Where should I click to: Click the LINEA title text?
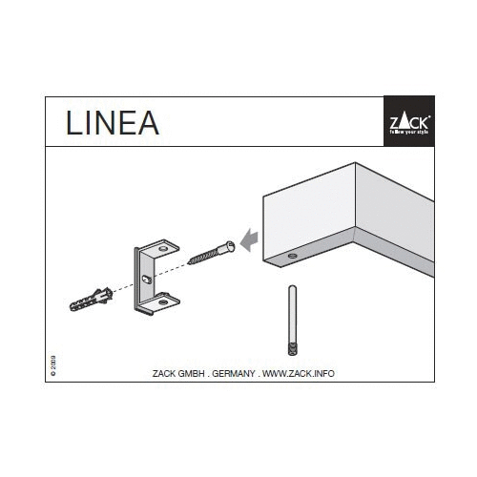click(112, 123)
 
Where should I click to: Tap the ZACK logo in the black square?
click(408, 120)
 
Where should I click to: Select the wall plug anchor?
click(92, 298)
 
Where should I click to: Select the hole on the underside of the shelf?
click(290, 259)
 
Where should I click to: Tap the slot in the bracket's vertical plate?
click(145, 278)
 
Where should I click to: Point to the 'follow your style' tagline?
click(408, 135)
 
